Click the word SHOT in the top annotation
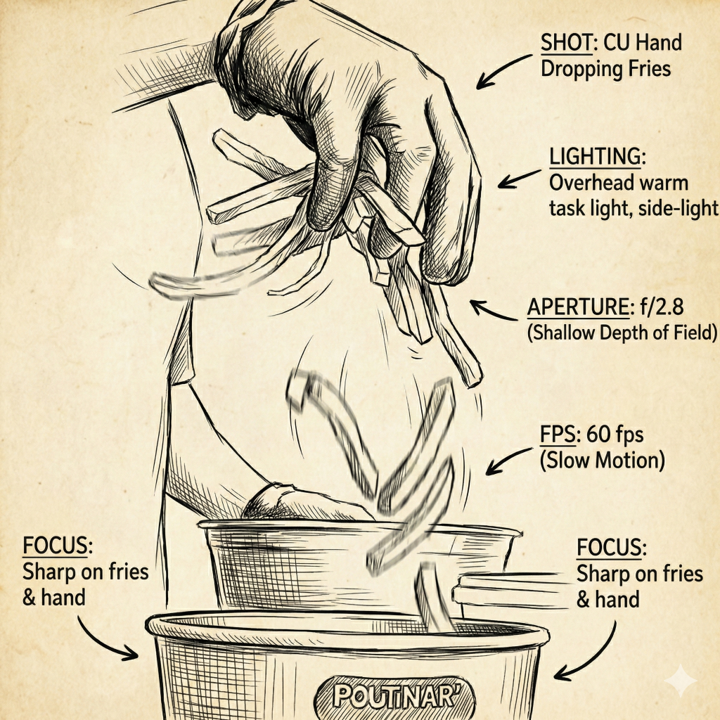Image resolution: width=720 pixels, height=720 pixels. pos(566,43)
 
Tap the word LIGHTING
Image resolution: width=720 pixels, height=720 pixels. pos(595,157)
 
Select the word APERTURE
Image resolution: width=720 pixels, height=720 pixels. pos(578,307)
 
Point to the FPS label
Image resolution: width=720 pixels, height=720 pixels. pos(558,435)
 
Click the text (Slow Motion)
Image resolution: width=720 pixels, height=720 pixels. pos(603,461)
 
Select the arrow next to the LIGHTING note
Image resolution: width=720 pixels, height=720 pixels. pos(519,179)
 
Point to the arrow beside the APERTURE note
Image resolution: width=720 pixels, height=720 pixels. pos(491,311)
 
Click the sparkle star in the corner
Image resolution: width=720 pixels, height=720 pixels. pos(681,681)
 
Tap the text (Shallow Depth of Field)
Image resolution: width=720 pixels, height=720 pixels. pos(622,333)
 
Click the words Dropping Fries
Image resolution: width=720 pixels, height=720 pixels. pos(605,69)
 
